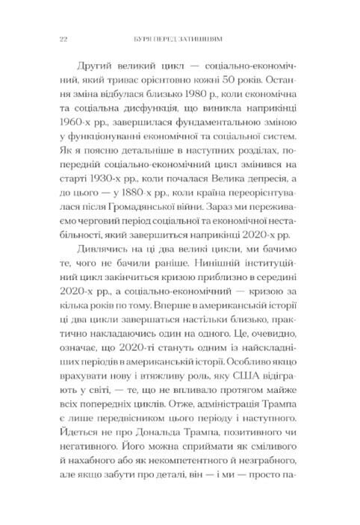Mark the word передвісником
[118, 445]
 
